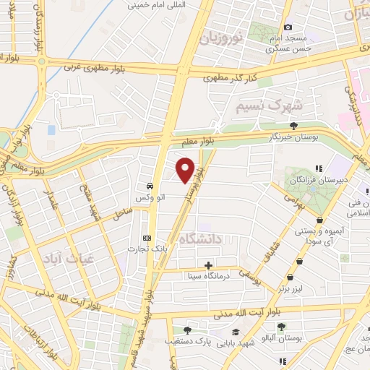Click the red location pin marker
pos(185,170)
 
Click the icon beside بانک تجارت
pos(147,238)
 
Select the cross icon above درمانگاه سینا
pos(209,265)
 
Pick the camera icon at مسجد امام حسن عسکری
pos(288,27)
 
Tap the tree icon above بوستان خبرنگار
pos(293,126)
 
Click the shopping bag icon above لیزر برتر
pos(290,277)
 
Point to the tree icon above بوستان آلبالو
pos(281,327)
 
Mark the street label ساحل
pos(122,213)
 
